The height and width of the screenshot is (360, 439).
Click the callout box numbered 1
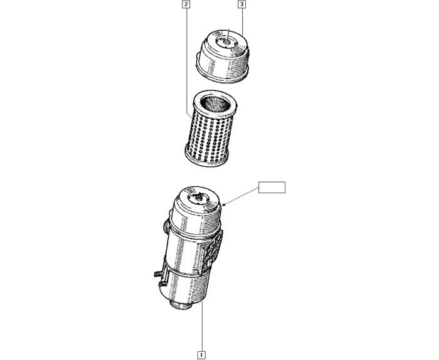coord(201,354)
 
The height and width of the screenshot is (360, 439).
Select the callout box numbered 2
coord(186,4)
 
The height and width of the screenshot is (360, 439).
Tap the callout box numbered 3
coord(242,4)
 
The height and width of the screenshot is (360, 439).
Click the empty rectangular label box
coord(272,188)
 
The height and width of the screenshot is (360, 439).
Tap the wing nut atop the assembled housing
coord(199,196)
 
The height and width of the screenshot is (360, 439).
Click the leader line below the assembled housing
coord(201,326)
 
